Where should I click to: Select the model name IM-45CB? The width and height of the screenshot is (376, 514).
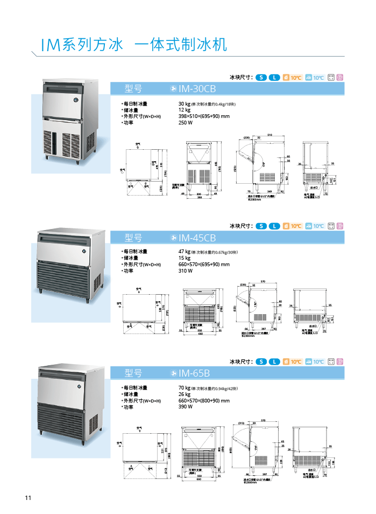point(197,238)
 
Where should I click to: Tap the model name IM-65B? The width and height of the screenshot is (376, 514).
point(194,372)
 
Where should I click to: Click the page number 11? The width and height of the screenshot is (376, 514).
point(27,497)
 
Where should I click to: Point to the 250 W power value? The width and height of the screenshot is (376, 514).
point(185,122)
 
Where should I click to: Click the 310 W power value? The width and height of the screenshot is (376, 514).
point(185,271)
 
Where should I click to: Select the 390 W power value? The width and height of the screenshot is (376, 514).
point(185,407)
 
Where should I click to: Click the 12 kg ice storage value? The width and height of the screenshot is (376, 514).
point(184,109)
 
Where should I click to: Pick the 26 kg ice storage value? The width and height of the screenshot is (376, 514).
point(184,394)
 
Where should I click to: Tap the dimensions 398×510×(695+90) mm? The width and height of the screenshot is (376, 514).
point(203,116)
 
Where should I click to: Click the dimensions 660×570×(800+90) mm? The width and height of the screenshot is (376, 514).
point(203,400)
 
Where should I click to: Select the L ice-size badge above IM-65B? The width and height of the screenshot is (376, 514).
point(275,361)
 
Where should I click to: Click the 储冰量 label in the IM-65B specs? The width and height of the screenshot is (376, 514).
point(131,394)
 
